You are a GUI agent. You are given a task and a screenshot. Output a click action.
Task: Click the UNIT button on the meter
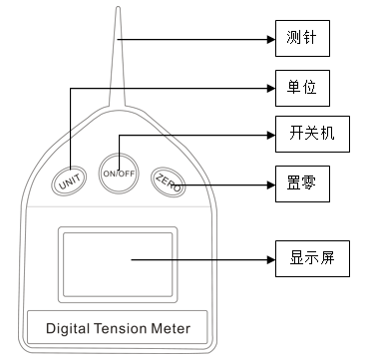pos(69,182)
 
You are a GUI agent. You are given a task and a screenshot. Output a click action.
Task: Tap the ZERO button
pos(168,181)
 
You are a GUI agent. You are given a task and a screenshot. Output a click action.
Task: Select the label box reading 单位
pos(302,88)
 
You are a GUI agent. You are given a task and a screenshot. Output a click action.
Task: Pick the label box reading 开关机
pos(311,136)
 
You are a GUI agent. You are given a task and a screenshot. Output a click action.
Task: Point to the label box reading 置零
pos(302,183)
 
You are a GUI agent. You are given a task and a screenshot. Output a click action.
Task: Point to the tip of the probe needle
pos(119,8)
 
